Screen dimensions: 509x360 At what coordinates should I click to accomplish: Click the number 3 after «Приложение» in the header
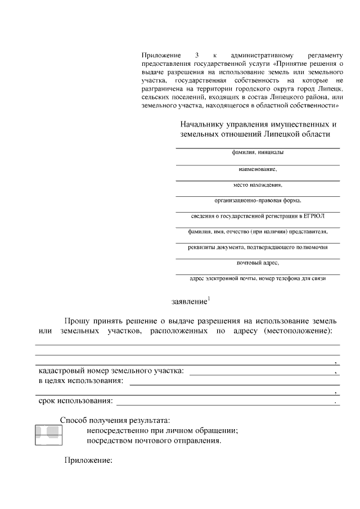point(196,55)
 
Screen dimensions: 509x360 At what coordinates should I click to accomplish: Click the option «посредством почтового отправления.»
point(154,441)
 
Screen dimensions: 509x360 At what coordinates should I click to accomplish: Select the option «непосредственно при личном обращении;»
point(162,430)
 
